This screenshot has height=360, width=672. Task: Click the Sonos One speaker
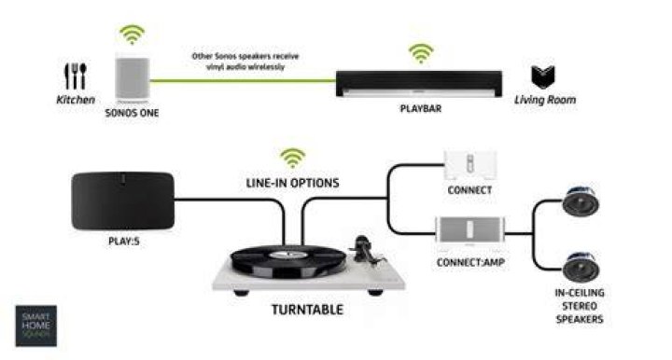(x=132, y=78)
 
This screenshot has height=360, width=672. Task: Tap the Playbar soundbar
(x=419, y=84)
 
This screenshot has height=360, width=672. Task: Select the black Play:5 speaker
(x=123, y=201)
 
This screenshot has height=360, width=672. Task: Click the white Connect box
(x=469, y=165)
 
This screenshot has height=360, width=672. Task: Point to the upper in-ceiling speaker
(x=581, y=201)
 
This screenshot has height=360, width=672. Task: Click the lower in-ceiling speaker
(x=581, y=267)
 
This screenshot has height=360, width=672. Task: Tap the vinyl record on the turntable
(x=288, y=261)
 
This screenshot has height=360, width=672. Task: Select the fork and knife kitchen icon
(x=76, y=76)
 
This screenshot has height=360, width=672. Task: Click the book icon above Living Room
(x=543, y=76)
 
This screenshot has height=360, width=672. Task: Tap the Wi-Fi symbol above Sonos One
(x=132, y=35)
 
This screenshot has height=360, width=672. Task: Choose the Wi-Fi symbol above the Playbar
(x=421, y=53)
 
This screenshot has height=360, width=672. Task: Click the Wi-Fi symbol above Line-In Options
(x=293, y=159)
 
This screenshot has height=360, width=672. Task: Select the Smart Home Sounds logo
(x=36, y=325)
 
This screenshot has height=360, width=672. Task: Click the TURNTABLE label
(x=307, y=310)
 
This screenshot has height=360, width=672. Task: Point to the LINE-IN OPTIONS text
(x=293, y=183)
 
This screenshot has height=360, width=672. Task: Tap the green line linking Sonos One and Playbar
(x=243, y=80)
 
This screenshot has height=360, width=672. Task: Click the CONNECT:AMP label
(x=470, y=262)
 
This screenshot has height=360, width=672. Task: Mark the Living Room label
(x=545, y=100)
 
